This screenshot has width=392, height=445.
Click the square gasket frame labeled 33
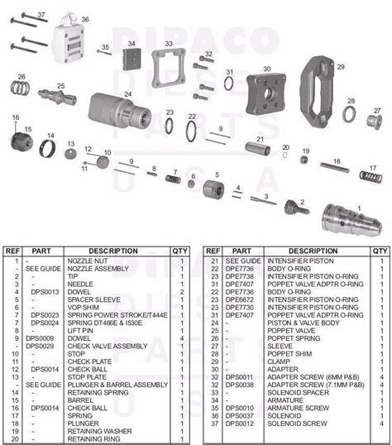click(169, 65)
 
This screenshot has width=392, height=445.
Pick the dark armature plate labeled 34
click(130, 60)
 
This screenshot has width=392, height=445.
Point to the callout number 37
click(42, 15)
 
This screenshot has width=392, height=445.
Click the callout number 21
click(259, 140)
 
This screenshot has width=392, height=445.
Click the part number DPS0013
click(42, 291)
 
